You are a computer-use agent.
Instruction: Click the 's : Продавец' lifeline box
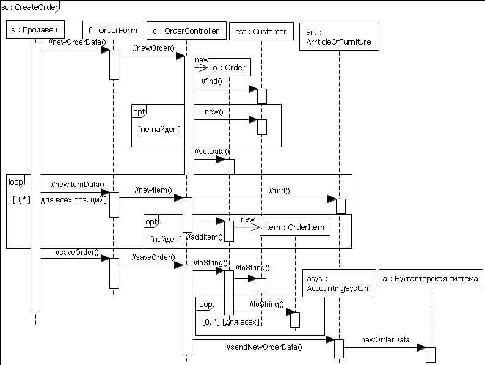tap(35, 29)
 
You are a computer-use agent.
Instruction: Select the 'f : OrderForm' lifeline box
tap(113, 29)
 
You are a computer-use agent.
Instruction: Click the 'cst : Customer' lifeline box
tap(261, 31)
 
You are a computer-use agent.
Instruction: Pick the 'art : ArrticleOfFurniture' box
tap(339, 37)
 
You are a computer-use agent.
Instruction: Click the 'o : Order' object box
tap(228, 67)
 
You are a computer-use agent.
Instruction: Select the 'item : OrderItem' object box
tap(295, 227)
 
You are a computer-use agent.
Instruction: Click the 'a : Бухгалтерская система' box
tap(431, 279)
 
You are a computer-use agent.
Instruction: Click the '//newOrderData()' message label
tap(76, 42)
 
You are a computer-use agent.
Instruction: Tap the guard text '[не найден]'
tap(159, 129)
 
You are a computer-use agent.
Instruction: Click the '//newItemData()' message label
tap(78, 184)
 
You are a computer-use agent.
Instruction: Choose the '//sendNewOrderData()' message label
tap(263, 347)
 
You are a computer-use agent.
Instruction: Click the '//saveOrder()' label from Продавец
tap(78, 252)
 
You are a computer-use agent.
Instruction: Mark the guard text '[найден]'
tap(166, 239)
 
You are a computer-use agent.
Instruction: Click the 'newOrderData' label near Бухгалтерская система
tap(385, 339)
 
